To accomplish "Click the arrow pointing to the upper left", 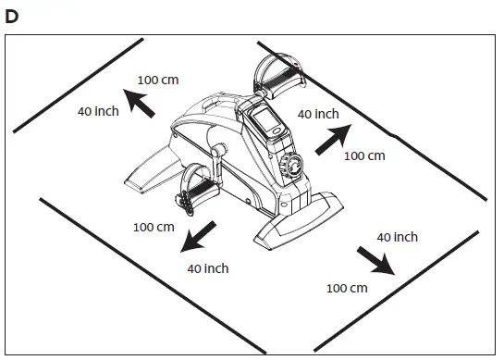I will point(141,104).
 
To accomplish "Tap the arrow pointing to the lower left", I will point(199,238).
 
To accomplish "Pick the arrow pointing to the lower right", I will point(378,262).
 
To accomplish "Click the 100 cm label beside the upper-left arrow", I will point(157,79).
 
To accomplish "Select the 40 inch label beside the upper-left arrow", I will point(98,112).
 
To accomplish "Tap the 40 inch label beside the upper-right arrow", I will point(318,114).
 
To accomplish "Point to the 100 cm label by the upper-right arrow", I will point(363,155).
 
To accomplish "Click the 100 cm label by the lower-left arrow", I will point(154,227).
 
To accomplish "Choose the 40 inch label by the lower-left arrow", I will point(208,268).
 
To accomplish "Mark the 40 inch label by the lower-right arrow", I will point(398,238).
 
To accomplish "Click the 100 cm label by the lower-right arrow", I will point(347,288).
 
